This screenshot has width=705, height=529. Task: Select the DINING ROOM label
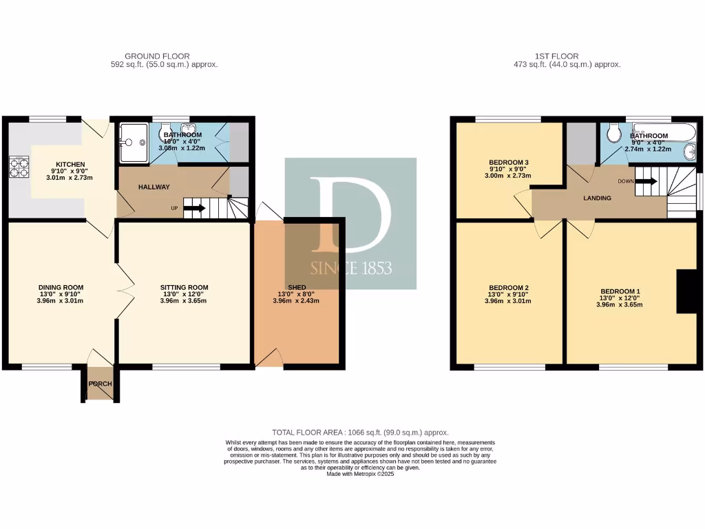click(x=61, y=287)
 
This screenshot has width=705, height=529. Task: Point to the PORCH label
click(x=99, y=384)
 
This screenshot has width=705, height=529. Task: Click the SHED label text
click(x=296, y=287)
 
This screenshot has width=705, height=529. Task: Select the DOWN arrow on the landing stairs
click(x=645, y=182)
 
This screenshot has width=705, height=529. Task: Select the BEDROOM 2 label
click(x=509, y=287)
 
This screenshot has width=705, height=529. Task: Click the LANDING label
click(x=597, y=198)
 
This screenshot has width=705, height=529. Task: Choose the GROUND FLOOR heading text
click(x=156, y=56)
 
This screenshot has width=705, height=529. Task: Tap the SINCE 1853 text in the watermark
click(x=351, y=267)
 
